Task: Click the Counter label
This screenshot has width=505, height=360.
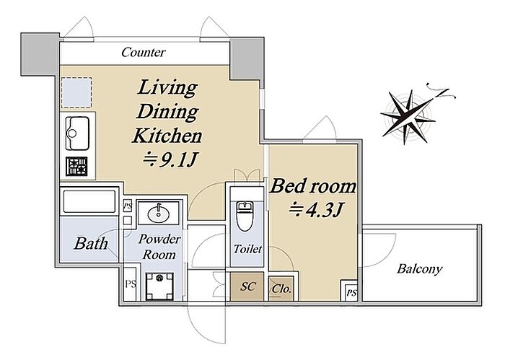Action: [144, 52]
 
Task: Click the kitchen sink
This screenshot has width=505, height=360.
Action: [77, 133]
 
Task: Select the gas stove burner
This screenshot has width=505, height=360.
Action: [76, 167]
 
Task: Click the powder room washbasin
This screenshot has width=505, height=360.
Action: [159, 213]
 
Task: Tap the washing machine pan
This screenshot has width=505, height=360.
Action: [159, 286]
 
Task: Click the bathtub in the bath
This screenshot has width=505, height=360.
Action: [89, 202]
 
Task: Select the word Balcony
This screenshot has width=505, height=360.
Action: [419, 269]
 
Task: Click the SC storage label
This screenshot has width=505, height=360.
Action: [247, 286]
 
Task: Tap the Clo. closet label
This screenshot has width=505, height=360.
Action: [281, 289]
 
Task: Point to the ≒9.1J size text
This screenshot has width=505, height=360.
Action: [170, 159]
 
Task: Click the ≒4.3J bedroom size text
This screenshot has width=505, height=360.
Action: [316, 210]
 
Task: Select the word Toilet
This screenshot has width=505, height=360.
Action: [247, 249]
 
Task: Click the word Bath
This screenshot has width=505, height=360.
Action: [91, 244]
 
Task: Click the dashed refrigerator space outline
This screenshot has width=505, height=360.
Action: [76, 92]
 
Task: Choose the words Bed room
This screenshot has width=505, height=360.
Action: [312, 186]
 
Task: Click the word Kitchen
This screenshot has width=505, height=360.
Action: [167, 136]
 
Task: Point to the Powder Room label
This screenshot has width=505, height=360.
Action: [159, 247]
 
